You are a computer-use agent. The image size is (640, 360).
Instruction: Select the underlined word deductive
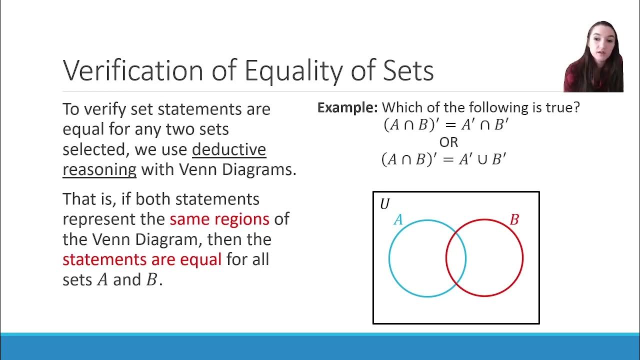229,149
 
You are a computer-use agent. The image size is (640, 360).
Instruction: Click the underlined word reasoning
99,169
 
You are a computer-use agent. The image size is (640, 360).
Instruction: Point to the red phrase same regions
219,219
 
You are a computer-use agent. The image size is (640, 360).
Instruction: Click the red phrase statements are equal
142,259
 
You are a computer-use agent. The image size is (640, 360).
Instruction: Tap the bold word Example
347,107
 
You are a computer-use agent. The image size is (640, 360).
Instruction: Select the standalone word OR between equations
448,142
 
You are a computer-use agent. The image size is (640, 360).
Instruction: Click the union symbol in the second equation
482,160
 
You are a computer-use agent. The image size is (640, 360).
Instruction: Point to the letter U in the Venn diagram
384,204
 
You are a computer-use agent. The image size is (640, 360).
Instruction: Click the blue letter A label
398,219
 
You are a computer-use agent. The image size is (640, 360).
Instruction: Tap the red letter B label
514,219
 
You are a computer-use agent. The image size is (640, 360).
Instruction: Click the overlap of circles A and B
456,258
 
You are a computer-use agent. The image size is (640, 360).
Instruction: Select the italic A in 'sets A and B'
102,280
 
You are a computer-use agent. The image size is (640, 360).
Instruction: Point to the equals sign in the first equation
450,125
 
